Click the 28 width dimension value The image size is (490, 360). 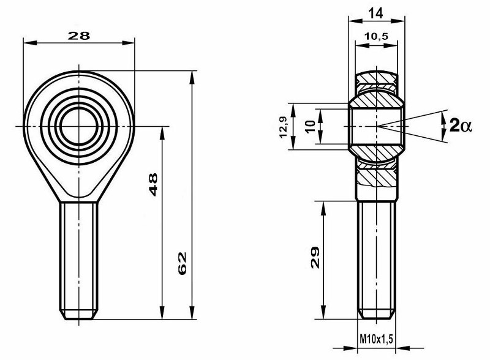pos(78,36)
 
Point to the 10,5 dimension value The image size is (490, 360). pos(375,36)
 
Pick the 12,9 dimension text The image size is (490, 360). pos(283,127)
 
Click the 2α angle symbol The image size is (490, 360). pos(461,126)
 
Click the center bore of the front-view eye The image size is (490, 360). pos(78,126)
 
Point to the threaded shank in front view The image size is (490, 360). pos(78,257)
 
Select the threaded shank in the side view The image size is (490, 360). pos(377,257)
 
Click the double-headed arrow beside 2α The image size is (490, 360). pos(443,126)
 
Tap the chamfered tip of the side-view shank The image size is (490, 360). pos(377,315)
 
